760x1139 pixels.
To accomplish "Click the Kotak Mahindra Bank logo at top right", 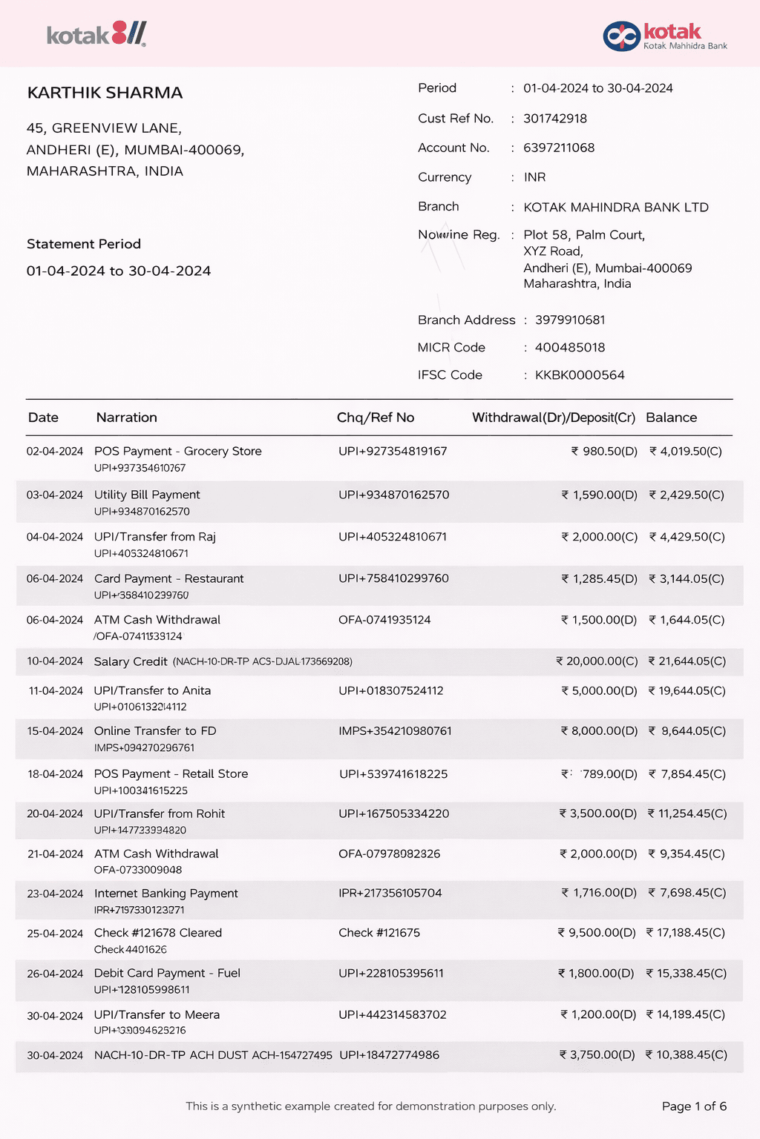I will (x=664, y=36).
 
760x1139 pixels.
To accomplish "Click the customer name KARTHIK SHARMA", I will (x=105, y=93).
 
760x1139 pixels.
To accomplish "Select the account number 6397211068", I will (x=559, y=148).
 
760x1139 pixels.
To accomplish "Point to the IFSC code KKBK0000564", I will (x=580, y=375).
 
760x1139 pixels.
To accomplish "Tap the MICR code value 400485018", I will (x=569, y=348).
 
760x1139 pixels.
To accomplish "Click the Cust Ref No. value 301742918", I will (x=554, y=119).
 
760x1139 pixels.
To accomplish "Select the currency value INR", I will (x=534, y=177).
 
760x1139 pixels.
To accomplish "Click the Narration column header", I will (x=126, y=417).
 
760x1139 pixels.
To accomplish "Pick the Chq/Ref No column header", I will (x=375, y=417).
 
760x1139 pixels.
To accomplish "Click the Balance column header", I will (x=671, y=417).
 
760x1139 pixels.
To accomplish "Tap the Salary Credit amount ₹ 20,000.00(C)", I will (x=597, y=661).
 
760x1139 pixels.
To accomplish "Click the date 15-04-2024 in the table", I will (x=55, y=731).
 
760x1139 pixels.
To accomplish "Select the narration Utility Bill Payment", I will (x=147, y=495).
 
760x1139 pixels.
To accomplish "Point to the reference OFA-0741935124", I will (x=384, y=620).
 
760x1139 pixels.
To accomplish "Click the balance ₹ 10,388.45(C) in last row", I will (x=686, y=1054).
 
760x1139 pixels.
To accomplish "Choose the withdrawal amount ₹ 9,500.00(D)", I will (x=597, y=933).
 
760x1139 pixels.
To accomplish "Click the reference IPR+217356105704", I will (x=390, y=893).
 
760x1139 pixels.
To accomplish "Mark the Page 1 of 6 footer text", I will (x=694, y=1106).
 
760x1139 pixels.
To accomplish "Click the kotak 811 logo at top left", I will (x=96, y=34).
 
